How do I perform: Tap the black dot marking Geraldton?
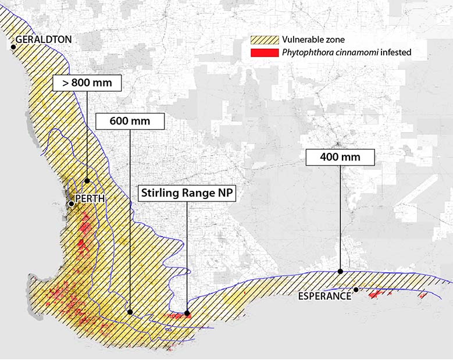(x=13, y=45)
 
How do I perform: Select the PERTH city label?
(x=90, y=198)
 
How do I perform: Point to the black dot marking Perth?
(x=71, y=204)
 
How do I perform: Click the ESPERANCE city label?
(x=324, y=296)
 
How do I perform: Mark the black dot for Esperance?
(x=356, y=289)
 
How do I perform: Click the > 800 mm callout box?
(x=87, y=83)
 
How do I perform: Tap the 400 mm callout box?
(x=340, y=156)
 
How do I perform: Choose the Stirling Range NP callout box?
(x=186, y=193)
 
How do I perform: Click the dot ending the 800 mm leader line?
(x=87, y=181)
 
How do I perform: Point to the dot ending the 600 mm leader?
(x=130, y=312)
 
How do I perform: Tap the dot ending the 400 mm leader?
(x=340, y=271)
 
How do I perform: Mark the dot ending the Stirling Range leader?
(x=187, y=313)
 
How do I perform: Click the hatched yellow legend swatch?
(x=264, y=40)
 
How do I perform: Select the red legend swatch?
(x=264, y=52)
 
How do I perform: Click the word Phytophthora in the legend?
(x=306, y=52)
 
